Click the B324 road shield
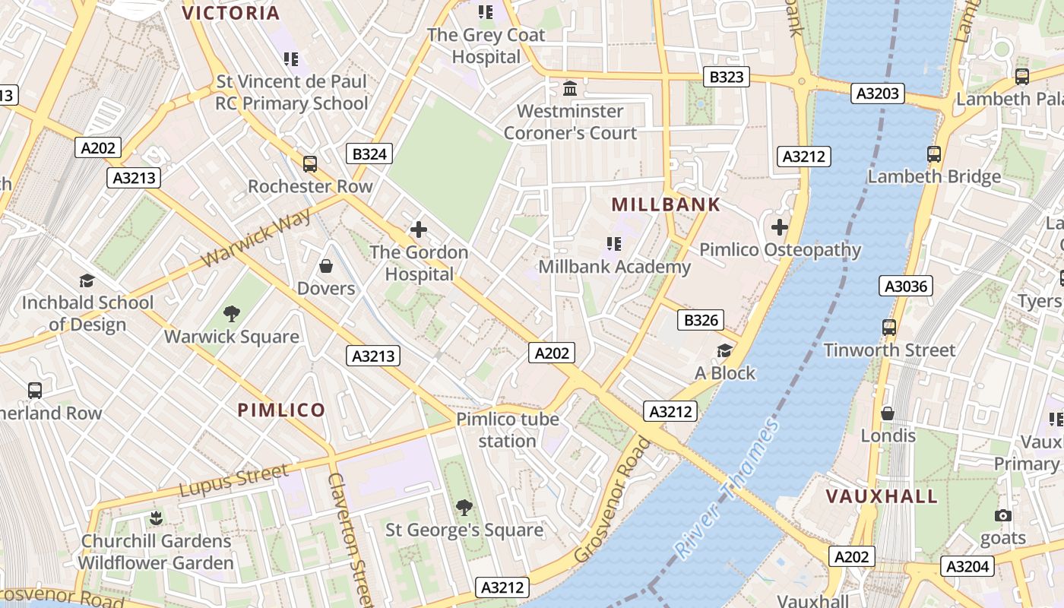pos(370,154)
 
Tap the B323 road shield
pos(725,76)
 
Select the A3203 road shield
pos(878,93)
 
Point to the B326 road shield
pos(701,320)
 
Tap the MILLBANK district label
pos(666,204)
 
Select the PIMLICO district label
pos(281,410)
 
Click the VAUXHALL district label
pos(882,497)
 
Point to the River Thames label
pos(728,490)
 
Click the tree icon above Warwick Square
pos(232,314)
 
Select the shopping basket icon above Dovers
pos(326,266)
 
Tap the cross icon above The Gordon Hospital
pos(419,230)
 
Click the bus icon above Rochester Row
pos(310,163)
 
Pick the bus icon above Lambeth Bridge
pos(934,154)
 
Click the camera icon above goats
pos(1003,516)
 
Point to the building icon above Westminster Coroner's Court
pos(570,89)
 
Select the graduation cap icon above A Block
pos(725,350)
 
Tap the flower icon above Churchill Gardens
pos(156,518)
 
